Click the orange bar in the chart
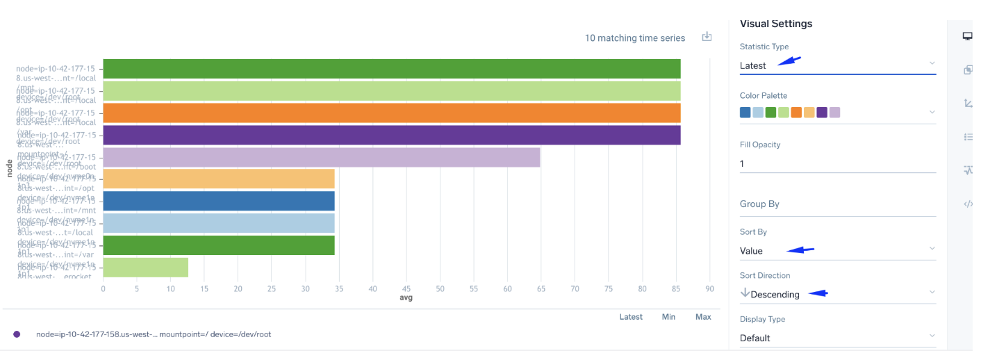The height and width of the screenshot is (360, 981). click(x=391, y=113)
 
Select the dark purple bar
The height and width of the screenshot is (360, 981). click(x=391, y=136)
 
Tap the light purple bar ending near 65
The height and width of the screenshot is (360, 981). click(x=321, y=158)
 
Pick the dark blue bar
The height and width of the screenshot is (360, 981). click(x=219, y=202)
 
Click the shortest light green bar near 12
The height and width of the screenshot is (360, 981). click(x=146, y=268)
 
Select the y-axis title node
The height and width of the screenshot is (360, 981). click(x=10, y=167)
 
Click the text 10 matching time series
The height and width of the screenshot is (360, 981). click(x=635, y=38)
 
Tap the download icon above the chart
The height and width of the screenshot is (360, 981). click(x=707, y=37)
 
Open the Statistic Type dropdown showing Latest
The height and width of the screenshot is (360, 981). click(x=837, y=65)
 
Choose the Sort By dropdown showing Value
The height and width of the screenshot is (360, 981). click(x=837, y=251)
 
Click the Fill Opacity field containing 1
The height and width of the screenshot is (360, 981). click(x=837, y=164)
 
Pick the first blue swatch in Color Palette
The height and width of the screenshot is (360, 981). click(x=745, y=113)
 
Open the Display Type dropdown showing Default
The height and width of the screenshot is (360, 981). click(x=837, y=338)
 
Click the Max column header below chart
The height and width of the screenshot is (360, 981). click(x=703, y=317)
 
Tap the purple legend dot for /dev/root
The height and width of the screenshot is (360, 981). click(x=17, y=334)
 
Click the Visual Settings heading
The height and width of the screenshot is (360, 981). click(x=775, y=24)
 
